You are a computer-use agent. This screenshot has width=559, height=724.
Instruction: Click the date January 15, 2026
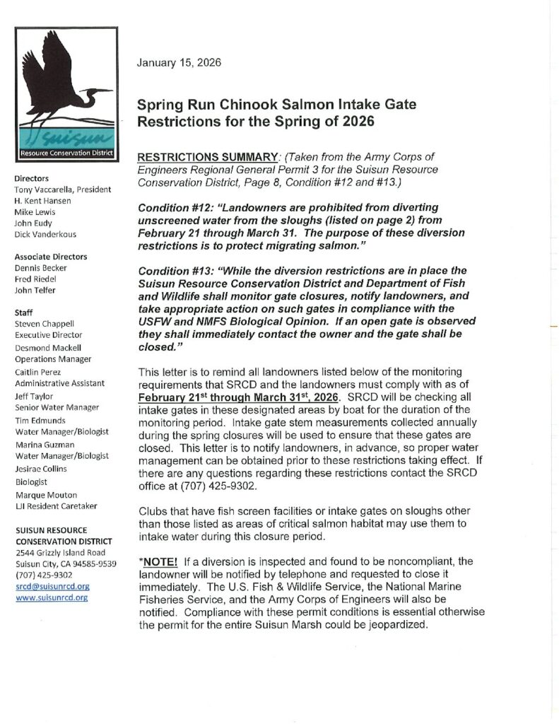point(179,62)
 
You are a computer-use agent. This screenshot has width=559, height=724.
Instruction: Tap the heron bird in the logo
point(60,85)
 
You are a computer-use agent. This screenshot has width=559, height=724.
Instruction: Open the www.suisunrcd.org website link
point(52,597)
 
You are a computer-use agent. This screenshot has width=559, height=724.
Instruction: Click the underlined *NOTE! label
point(159,561)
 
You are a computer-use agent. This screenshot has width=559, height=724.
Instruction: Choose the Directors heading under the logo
point(32,179)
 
